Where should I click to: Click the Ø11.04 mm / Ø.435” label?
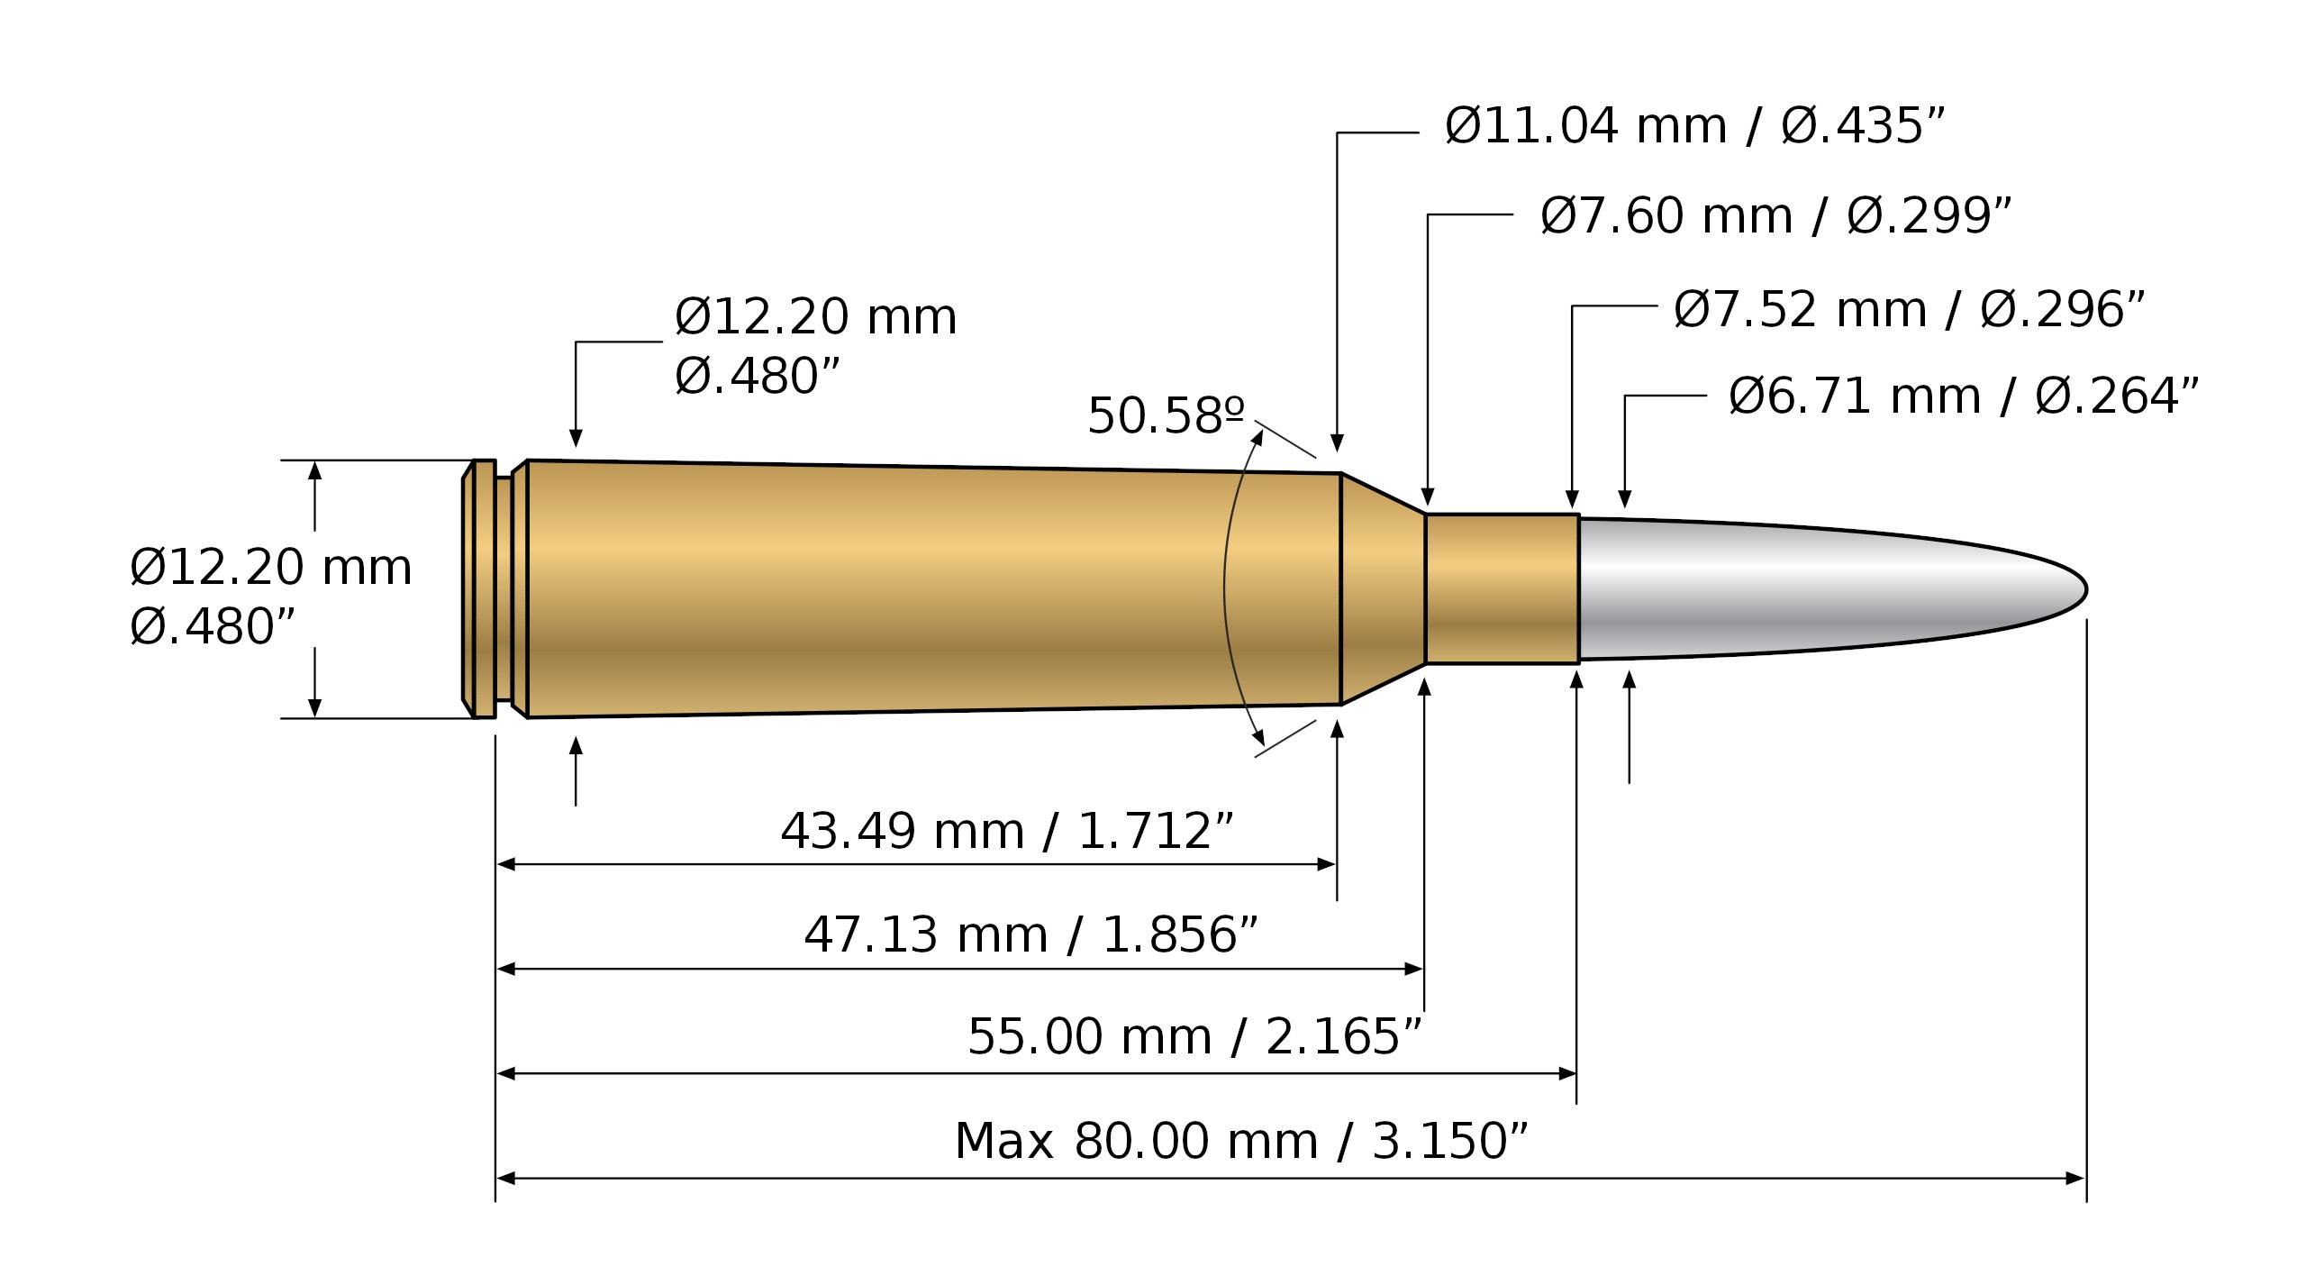coord(1694,126)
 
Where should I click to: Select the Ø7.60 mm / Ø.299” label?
coord(1775,216)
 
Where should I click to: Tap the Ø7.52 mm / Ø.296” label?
coord(1909,310)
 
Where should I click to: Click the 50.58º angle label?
coord(1166,416)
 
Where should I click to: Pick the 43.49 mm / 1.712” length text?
coord(1006,831)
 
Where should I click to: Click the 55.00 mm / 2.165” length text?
coord(1194,1036)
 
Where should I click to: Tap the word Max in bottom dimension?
coord(1003,1142)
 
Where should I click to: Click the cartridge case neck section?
coord(1502,589)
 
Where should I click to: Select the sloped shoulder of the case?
coord(1383,589)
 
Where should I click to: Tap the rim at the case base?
coord(484,589)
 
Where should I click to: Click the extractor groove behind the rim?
coord(504,589)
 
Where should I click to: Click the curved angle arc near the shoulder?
coord(1226,589)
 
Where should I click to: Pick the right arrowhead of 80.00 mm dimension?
coord(2075,1179)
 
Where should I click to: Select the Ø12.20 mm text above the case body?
coord(815,317)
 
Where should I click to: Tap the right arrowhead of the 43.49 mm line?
coord(1327,865)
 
